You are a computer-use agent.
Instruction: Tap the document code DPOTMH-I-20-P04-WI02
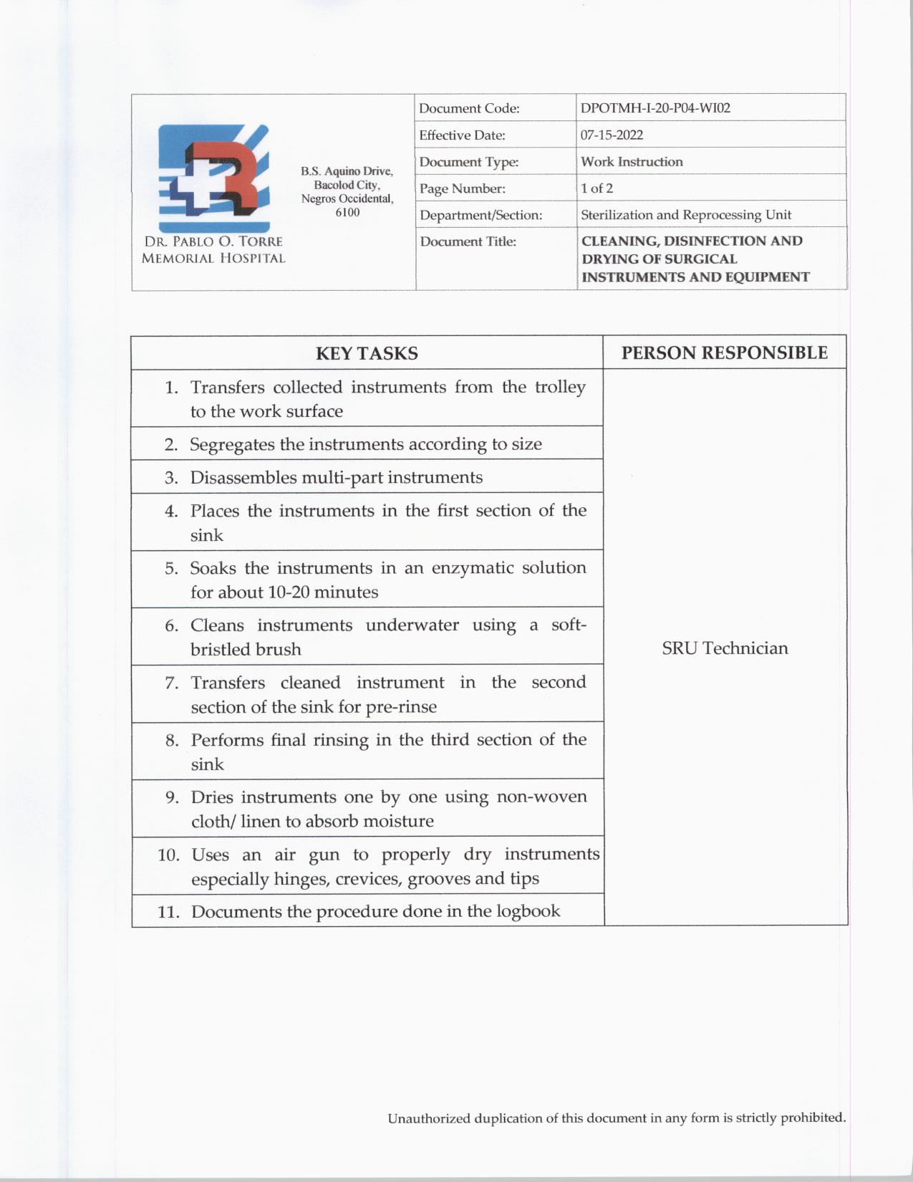[655, 108]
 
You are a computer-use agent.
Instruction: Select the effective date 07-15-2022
[612, 135]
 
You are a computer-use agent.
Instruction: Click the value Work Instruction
[632, 162]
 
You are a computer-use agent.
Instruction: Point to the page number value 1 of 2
[596, 188]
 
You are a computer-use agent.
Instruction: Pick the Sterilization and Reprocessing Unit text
[686, 215]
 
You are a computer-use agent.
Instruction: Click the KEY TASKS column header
[367, 353]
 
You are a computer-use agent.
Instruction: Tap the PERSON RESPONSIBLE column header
[724, 352]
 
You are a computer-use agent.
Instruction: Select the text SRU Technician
[725, 648]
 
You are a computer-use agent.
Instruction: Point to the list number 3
[171, 478]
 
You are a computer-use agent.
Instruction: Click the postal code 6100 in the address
[347, 213]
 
